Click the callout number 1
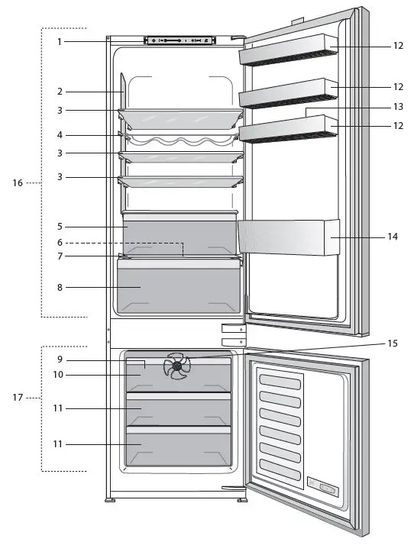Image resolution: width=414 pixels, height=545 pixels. [59, 41]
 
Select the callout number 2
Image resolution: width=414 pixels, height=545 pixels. [59, 92]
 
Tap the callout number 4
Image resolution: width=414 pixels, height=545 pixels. [59, 135]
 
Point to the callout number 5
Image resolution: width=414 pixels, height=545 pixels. [59, 227]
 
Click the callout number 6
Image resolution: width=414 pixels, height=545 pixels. [59, 243]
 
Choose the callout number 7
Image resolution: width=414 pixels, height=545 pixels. [59, 256]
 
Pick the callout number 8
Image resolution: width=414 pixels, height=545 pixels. [59, 288]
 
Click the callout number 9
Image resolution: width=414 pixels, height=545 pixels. [59, 360]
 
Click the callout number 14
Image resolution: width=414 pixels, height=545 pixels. [393, 237]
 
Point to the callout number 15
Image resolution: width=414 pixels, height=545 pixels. [393, 343]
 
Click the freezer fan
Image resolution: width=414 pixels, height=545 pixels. [178, 366]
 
